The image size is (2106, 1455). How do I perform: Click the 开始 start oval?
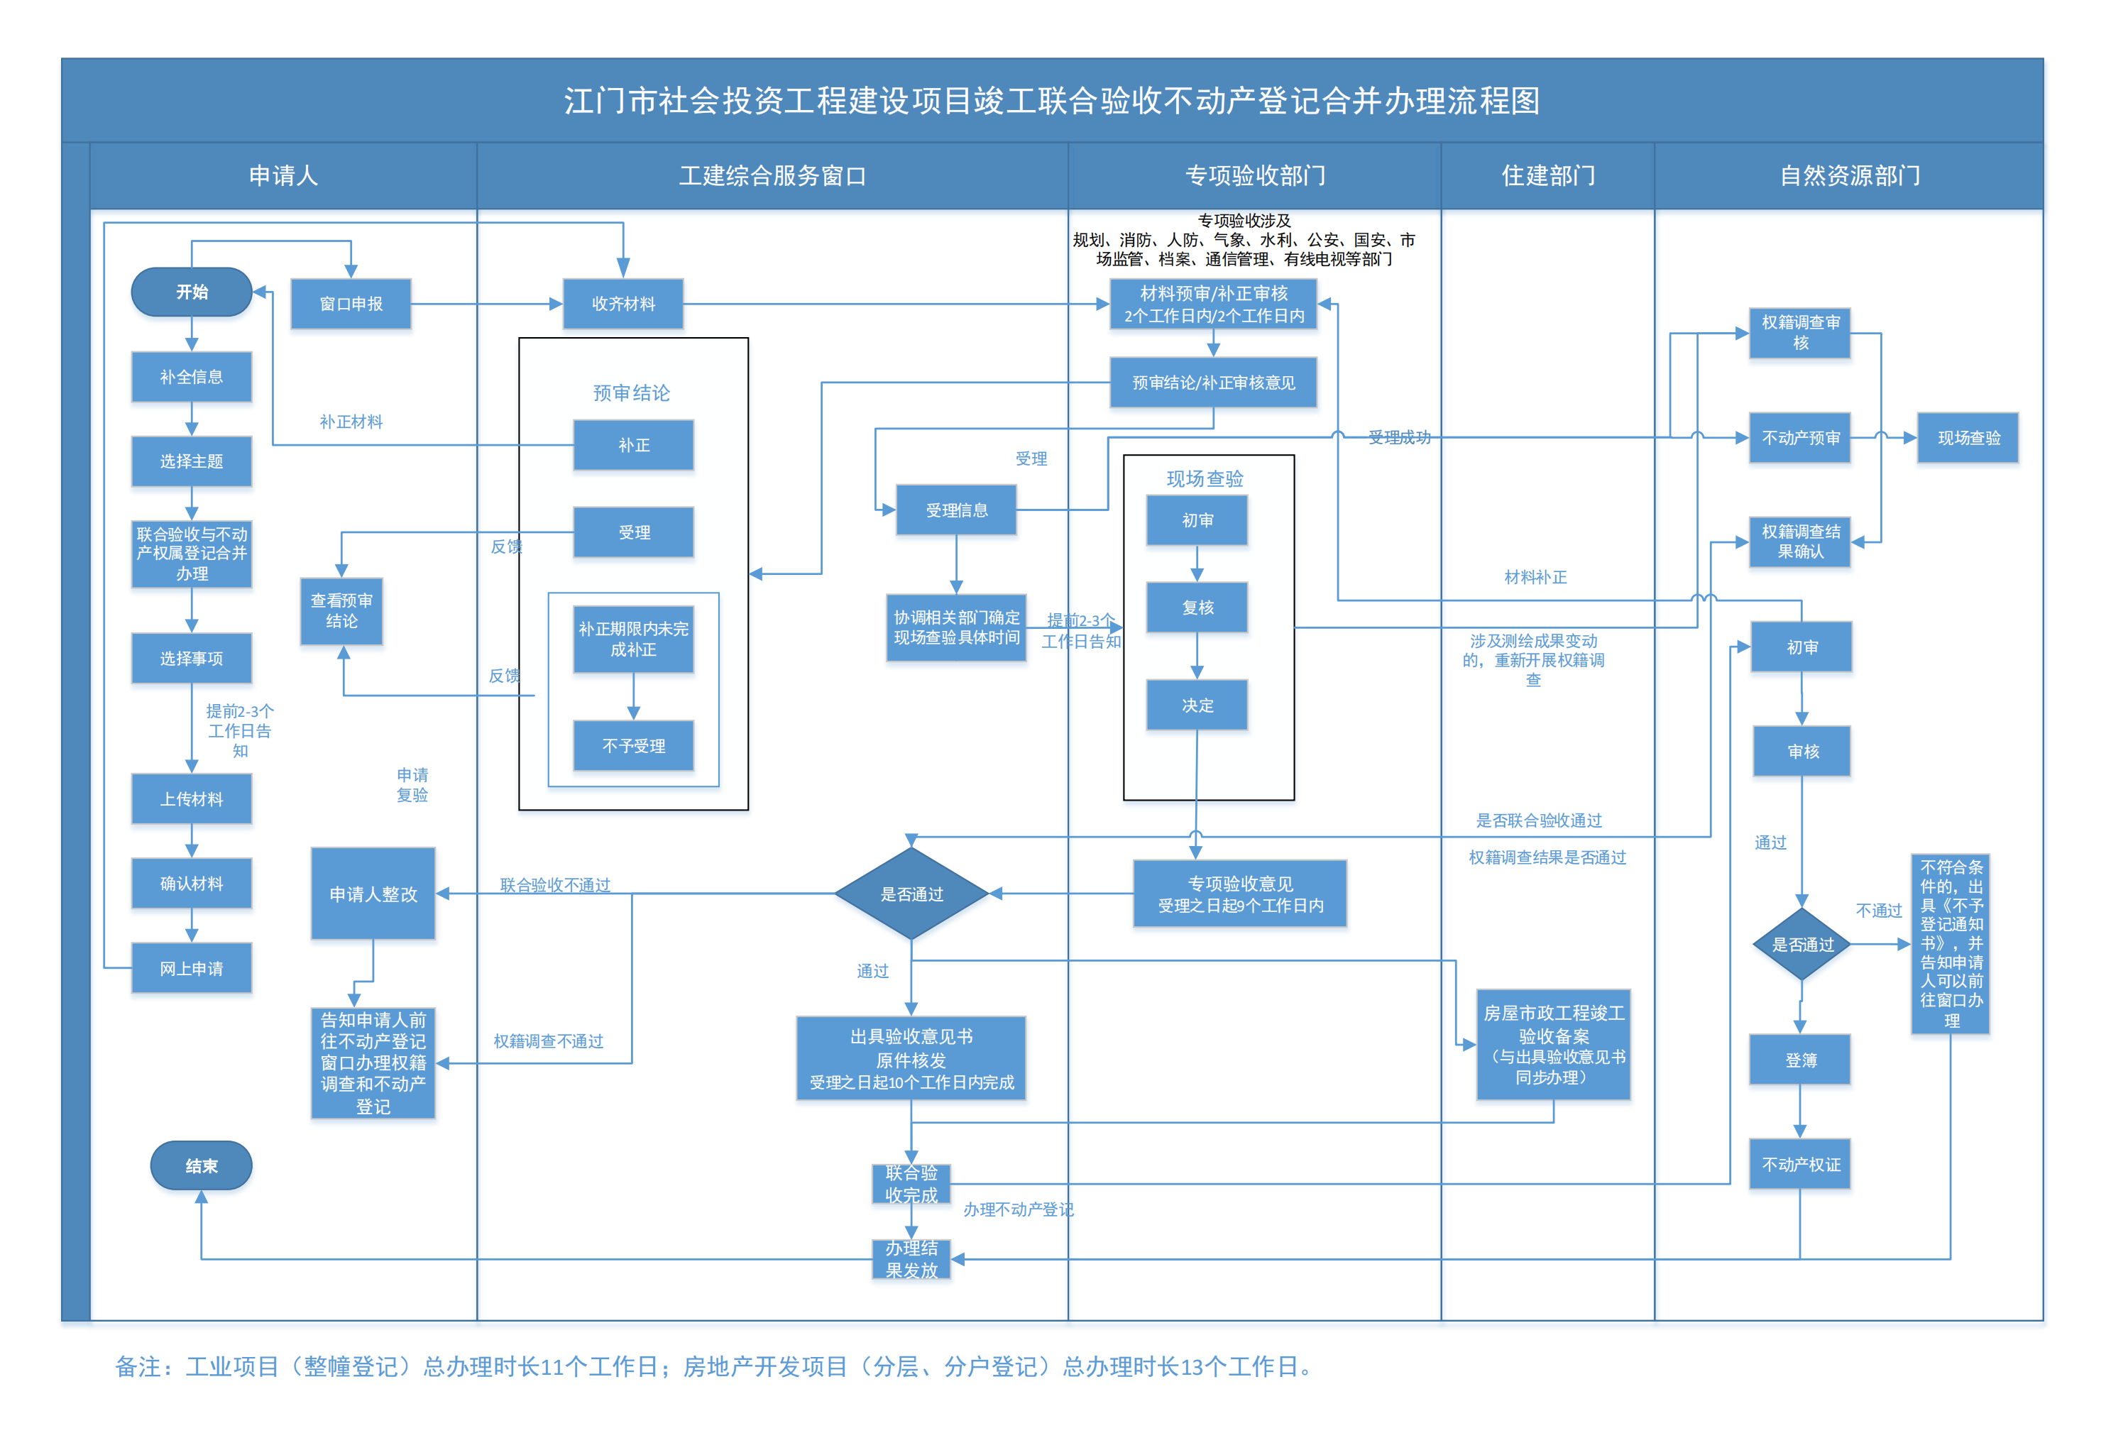click(x=192, y=292)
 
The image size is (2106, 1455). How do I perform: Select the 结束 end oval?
click(x=201, y=1165)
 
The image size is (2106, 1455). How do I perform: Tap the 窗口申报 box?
click(x=351, y=304)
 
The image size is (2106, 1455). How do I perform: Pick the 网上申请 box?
click(x=192, y=968)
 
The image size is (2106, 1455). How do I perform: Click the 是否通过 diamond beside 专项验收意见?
click(x=911, y=894)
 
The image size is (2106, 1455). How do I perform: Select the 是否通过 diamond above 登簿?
click(x=1801, y=945)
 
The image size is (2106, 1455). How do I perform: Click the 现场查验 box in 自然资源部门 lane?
click(x=1968, y=438)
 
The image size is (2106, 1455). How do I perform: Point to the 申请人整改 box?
click(x=373, y=894)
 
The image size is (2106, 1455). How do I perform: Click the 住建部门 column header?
click(x=1547, y=175)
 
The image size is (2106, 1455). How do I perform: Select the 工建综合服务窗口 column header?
click(x=772, y=175)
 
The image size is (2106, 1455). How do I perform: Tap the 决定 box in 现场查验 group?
click(x=1197, y=705)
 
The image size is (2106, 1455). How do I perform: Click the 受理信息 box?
click(x=956, y=510)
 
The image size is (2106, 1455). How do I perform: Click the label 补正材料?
click(x=351, y=421)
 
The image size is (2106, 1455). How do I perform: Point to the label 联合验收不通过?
click(x=554, y=884)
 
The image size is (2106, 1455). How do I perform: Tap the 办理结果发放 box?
click(x=911, y=1259)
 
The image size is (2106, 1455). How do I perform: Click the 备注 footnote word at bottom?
click(x=138, y=1366)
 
